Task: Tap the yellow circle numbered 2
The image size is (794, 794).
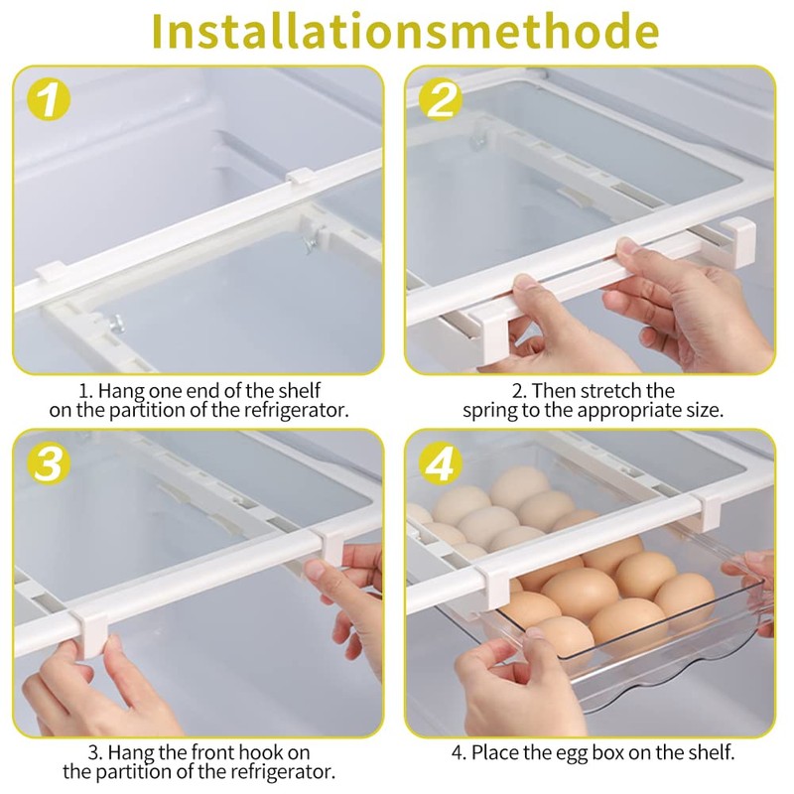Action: pos(440,102)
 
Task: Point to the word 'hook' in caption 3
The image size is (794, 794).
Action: pos(265,752)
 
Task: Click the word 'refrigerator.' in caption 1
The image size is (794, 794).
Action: pos(297,409)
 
